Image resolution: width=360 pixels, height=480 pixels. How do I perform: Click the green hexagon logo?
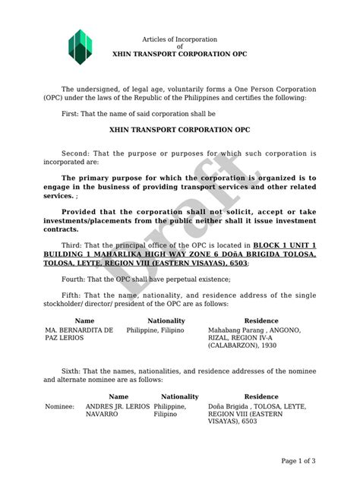click(x=79, y=46)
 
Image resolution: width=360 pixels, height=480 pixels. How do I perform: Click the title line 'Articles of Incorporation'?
click(x=180, y=39)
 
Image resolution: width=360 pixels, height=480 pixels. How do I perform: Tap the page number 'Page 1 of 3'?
click(x=298, y=460)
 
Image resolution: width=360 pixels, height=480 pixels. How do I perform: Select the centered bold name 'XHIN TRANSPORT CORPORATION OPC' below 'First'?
click(x=180, y=130)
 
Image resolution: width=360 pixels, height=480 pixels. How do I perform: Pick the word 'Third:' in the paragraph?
click(x=74, y=245)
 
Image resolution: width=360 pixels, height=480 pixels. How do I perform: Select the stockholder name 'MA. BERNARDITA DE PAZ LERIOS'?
click(x=79, y=335)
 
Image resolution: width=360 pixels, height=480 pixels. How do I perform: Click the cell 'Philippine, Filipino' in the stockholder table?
click(x=158, y=330)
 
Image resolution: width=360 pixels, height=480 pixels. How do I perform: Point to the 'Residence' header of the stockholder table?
click(x=261, y=321)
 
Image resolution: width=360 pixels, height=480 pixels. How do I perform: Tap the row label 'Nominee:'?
click(x=59, y=406)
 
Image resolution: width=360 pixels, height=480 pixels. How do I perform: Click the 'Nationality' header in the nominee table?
click(x=179, y=396)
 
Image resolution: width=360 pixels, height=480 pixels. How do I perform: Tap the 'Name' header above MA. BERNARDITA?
click(x=84, y=321)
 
